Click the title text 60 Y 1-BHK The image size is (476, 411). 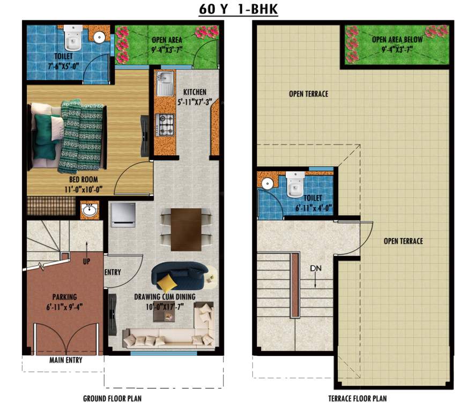[x=238, y=9]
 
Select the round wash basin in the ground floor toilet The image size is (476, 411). [x=99, y=37]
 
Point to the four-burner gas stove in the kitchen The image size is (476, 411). [x=166, y=124]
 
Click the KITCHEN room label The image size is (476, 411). [x=194, y=92]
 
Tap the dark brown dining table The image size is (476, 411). [x=186, y=229]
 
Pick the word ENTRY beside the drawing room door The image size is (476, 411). [x=113, y=272]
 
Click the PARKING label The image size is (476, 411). [x=64, y=296]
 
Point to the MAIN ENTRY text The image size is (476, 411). [x=66, y=360]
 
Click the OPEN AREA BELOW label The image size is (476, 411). [x=397, y=40]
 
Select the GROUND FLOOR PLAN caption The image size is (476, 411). [x=112, y=399]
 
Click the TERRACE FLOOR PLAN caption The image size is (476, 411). [x=357, y=399]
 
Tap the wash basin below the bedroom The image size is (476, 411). [x=90, y=210]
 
